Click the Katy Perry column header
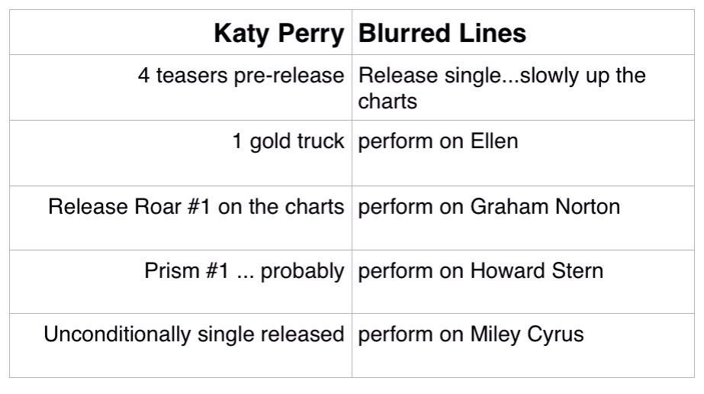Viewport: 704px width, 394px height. [279, 34]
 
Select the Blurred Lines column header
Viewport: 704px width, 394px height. [442, 34]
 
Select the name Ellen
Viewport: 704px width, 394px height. [494, 141]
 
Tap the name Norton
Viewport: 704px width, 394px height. [588, 207]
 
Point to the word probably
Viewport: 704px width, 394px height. [302, 272]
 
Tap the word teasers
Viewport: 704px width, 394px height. [191, 76]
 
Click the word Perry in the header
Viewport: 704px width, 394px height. [311, 34]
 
